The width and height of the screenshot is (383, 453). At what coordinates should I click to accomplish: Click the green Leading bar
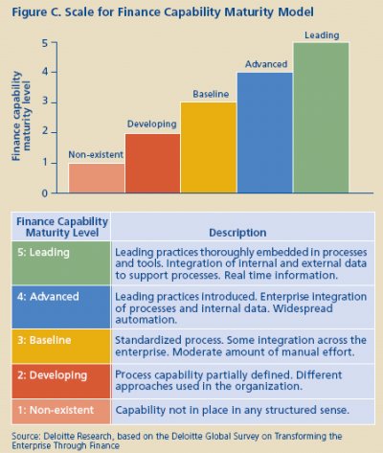click(x=321, y=118)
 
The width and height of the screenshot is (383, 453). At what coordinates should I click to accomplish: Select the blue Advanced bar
click(x=265, y=132)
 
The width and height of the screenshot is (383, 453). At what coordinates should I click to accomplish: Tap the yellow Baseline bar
click(x=209, y=147)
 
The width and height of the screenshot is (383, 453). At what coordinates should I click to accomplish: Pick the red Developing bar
click(x=152, y=163)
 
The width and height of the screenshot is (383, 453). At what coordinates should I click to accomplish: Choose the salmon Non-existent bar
click(x=97, y=178)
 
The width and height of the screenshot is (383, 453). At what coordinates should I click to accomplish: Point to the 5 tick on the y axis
click(x=54, y=42)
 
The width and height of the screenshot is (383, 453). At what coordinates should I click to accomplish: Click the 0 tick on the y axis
click(x=54, y=193)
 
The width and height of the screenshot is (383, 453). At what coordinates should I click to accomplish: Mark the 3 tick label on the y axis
click(x=45, y=102)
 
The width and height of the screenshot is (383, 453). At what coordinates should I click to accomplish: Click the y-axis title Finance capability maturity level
click(x=21, y=116)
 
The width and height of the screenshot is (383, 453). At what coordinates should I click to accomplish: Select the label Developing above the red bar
click(x=152, y=125)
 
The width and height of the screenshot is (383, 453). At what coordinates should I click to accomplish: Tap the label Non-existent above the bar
click(x=96, y=154)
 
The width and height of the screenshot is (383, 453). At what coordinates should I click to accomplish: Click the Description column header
click(x=237, y=233)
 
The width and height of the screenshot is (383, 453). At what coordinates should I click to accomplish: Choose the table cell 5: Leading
click(x=61, y=263)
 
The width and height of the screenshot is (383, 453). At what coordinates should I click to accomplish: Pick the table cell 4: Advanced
click(x=61, y=307)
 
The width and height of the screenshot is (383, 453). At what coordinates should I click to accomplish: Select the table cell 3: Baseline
click(x=61, y=347)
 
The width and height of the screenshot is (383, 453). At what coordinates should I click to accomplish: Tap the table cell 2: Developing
click(x=61, y=381)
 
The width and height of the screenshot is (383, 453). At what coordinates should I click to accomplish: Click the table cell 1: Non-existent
click(x=61, y=412)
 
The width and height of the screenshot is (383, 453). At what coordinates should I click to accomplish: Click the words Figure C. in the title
click(x=36, y=12)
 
